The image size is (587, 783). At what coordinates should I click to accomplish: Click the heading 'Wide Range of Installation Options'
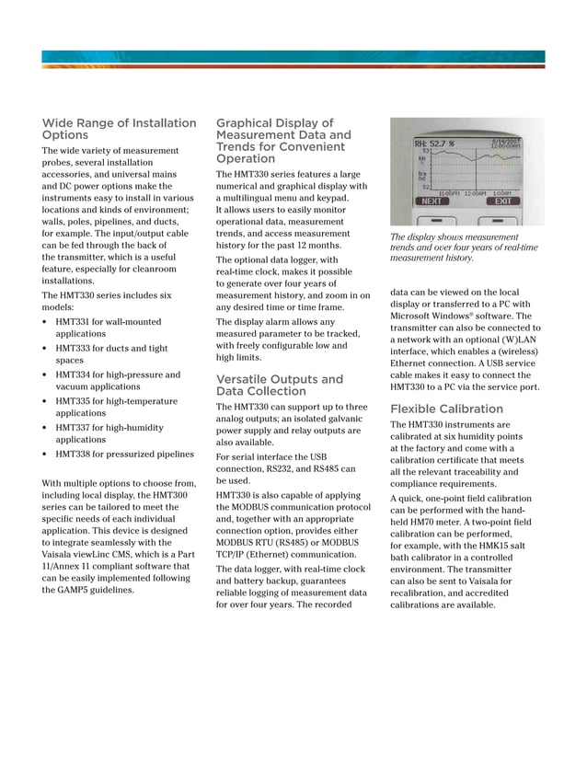[120, 129]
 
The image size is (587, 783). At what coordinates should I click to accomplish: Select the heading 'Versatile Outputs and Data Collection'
[280, 385]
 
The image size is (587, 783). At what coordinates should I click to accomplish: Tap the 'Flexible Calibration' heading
[446, 409]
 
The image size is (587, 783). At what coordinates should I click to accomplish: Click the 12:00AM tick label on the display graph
[475, 193]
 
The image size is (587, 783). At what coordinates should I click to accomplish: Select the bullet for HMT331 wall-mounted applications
[46, 322]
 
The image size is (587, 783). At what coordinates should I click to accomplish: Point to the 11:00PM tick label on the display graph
[448, 193]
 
